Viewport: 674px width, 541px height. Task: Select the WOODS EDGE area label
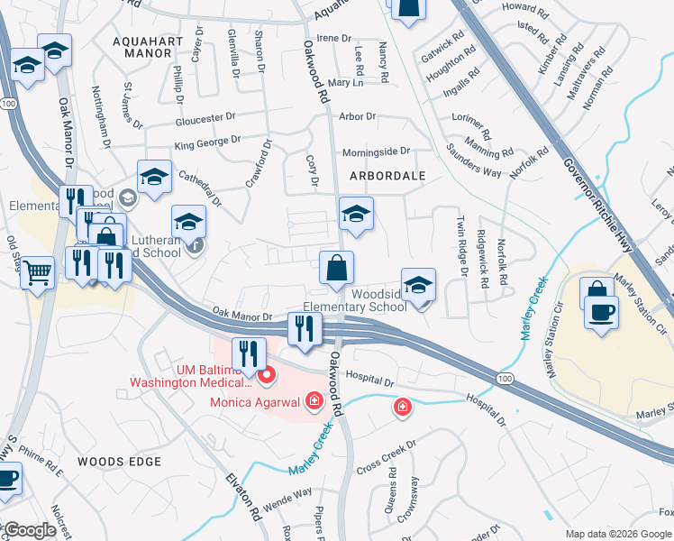point(119,462)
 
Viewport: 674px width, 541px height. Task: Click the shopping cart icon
point(37,271)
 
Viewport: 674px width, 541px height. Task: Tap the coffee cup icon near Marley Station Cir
point(601,311)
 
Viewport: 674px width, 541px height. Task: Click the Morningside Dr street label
point(376,151)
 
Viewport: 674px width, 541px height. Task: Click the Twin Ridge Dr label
point(462,245)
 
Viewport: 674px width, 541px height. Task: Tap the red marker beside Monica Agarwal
point(314,399)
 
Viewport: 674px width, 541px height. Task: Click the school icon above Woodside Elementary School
point(418,285)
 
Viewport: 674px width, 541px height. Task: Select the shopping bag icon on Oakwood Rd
point(337,268)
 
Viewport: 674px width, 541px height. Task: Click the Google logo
point(29,530)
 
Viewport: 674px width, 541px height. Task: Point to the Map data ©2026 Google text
point(617,534)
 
